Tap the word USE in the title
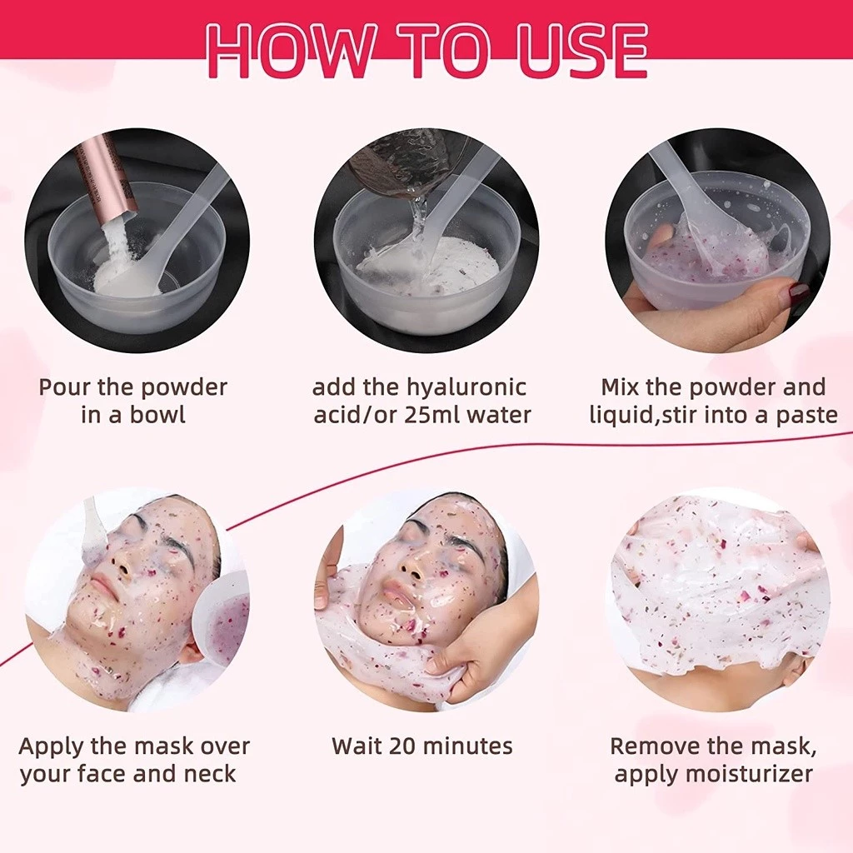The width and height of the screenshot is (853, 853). point(582,50)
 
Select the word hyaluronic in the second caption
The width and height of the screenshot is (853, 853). point(466,388)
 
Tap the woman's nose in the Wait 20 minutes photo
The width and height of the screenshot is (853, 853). point(412,567)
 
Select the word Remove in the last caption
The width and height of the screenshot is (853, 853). point(649,746)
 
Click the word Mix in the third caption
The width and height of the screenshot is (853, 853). point(621,387)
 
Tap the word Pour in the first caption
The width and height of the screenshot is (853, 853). point(63,387)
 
